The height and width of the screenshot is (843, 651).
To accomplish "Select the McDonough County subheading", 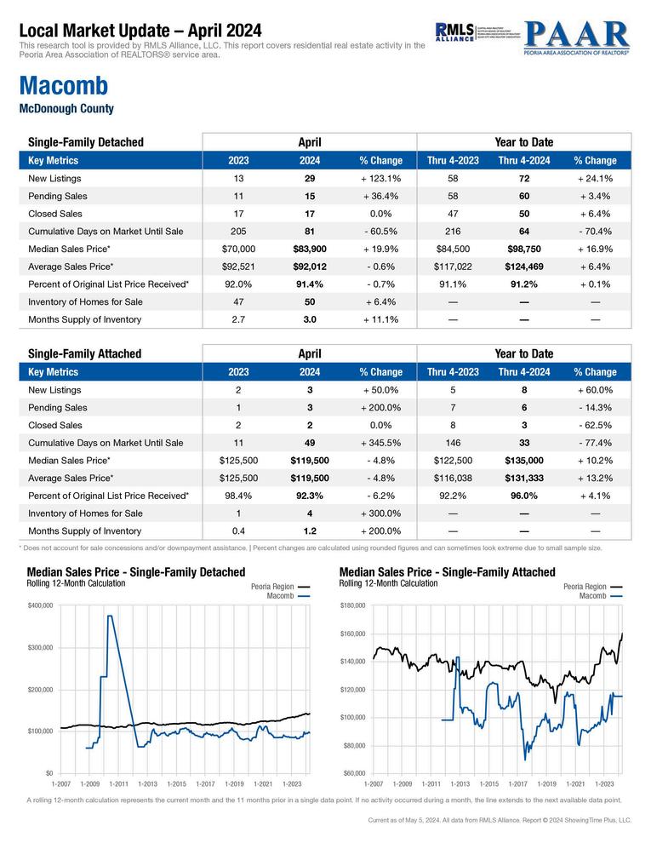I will click(66, 109).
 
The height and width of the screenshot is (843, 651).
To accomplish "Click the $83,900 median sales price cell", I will click(310, 249).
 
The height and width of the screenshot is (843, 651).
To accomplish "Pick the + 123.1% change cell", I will click(380, 179).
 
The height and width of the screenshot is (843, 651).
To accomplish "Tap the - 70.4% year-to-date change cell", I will click(595, 231).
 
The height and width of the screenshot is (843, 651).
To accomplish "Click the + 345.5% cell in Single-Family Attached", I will click(380, 443).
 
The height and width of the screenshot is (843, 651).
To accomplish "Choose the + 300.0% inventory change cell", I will click(380, 513).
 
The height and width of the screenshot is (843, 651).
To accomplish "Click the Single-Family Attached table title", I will click(84, 353).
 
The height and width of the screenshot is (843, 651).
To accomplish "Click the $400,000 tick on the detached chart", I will click(42, 605).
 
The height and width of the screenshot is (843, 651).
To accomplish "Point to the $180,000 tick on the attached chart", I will click(354, 605).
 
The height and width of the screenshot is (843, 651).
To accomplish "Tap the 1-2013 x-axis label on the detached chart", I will click(147, 783).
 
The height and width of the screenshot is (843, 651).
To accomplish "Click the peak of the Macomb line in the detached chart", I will click(111, 616).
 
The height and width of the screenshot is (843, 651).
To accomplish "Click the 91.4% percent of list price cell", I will click(310, 284).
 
